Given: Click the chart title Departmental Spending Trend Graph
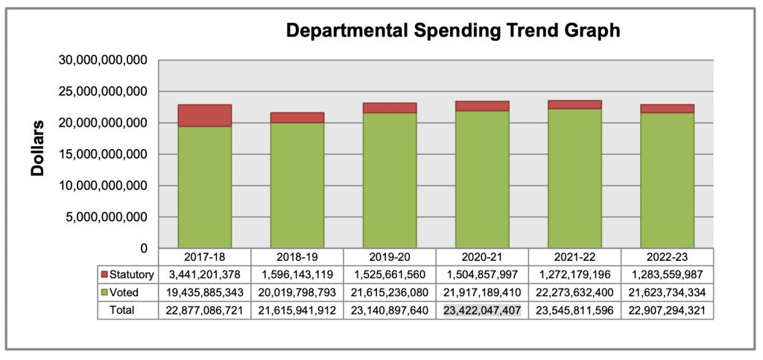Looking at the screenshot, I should click(453, 31).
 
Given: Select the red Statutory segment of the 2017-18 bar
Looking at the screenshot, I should click(204, 116).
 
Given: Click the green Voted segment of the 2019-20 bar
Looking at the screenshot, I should click(389, 179).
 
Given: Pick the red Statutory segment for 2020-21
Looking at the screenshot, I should click(482, 106).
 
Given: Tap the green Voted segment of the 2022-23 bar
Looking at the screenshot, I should click(667, 179).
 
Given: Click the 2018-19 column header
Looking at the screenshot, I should click(297, 256).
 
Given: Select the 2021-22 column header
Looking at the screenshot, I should click(574, 256).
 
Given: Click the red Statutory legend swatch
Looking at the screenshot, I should click(104, 274).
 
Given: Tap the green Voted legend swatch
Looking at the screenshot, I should click(104, 292).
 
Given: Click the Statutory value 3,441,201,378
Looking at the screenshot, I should click(204, 274).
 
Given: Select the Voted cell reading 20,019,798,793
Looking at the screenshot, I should click(297, 292).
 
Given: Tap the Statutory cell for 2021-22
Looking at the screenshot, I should click(574, 274).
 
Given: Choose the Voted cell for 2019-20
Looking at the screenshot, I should click(389, 292).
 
